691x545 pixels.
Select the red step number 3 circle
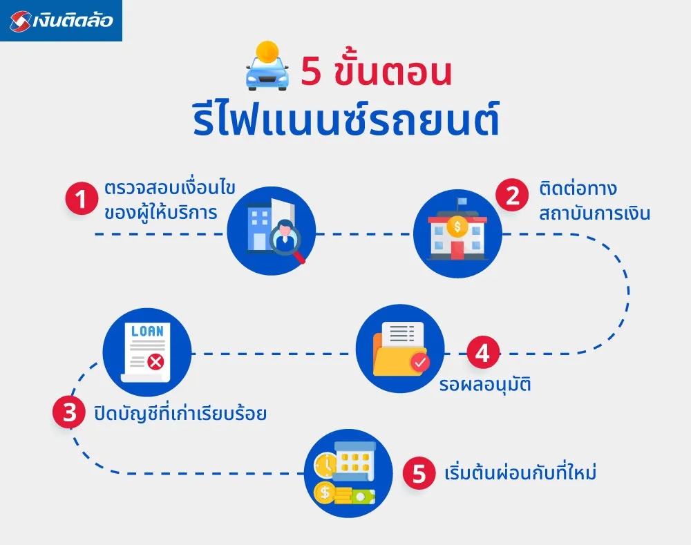point(69,414)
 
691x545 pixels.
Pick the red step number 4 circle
point(482,354)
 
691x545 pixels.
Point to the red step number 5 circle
point(419,474)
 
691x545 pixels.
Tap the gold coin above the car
point(267,51)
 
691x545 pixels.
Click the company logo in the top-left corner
point(61,21)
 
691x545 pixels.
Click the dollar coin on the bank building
point(457,224)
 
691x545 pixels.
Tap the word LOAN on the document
point(147,331)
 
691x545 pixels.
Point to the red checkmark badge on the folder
point(419,361)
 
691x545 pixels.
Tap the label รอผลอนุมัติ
point(484,384)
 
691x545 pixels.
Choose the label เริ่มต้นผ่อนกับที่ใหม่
point(520,474)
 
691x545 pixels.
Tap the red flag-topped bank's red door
point(457,249)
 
